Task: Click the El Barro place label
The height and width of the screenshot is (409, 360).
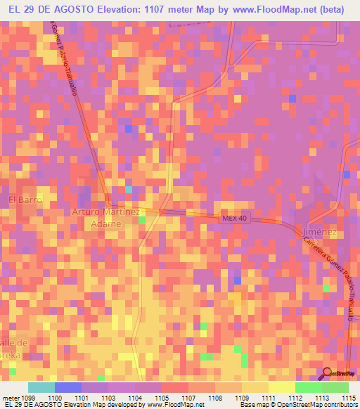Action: [25, 200]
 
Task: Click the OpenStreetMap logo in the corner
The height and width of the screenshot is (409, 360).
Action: [340, 373]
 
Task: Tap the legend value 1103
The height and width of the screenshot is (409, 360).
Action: [109, 398]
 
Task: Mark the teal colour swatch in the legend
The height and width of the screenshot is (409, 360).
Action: [41, 387]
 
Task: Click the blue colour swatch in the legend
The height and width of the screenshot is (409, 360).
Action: [68, 387]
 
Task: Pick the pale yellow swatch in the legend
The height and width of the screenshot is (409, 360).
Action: [282, 387]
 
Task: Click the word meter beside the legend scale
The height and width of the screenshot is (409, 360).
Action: [11, 398]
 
